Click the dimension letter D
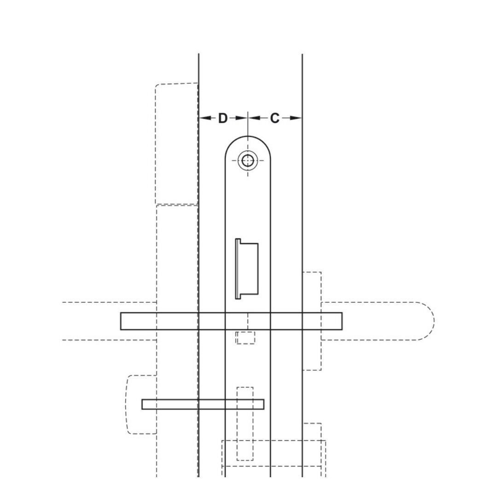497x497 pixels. pyautogui.click(x=223, y=118)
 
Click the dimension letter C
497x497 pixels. pyautogui.click(x=274, y=118)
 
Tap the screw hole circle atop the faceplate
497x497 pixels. pyautogui.click(x=248, y=161)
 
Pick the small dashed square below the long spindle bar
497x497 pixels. pyautogui.click(x=246, y=337)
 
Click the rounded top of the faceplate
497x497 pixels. pyautogui.click(x=248, y=140)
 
